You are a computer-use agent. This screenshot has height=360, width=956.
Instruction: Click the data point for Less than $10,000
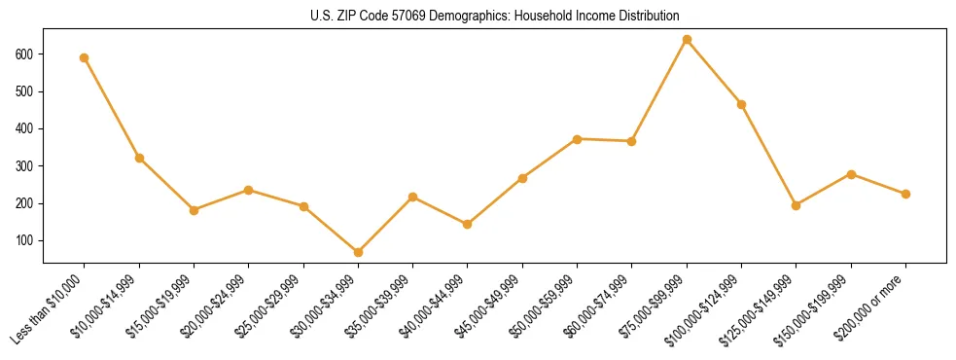tap(85, 57)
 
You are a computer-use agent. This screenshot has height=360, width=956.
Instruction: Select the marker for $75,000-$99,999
tap(688, 40)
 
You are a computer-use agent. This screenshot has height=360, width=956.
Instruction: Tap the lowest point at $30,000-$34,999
tap(359, 252)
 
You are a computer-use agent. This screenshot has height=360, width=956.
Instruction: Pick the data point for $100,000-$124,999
tap(742, 104)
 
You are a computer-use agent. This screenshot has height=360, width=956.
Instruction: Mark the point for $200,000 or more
tap(906, 194)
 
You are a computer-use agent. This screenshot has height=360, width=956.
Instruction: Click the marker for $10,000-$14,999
tap(139, 158)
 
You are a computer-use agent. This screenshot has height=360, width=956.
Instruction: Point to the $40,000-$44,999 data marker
tap(468, 224)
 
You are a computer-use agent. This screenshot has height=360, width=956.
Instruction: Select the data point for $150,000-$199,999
tap(852, 174)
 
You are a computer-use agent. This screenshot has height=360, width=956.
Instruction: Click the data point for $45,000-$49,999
tap(523, 178)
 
